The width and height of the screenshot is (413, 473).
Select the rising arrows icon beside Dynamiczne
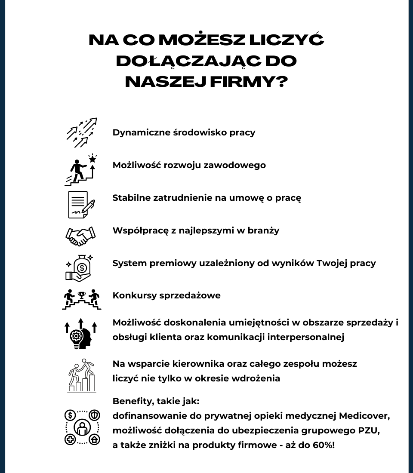[81, 132]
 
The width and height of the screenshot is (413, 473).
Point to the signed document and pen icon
[81, 204]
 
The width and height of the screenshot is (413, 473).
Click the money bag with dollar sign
[82, 267]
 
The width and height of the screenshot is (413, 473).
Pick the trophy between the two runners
[81, 295]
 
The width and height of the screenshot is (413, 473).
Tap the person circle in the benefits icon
[82, 427]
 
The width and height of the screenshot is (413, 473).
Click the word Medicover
[364, 416]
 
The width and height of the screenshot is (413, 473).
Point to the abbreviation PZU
[366, 430]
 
